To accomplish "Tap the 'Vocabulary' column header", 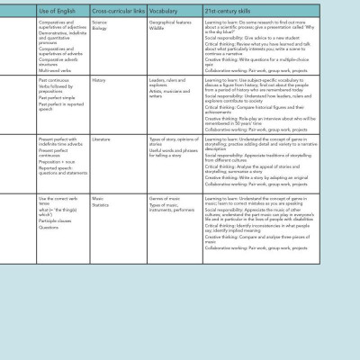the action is [164, 10].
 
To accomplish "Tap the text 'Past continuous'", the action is [54, 79].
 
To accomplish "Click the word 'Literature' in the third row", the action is [102, 139].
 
